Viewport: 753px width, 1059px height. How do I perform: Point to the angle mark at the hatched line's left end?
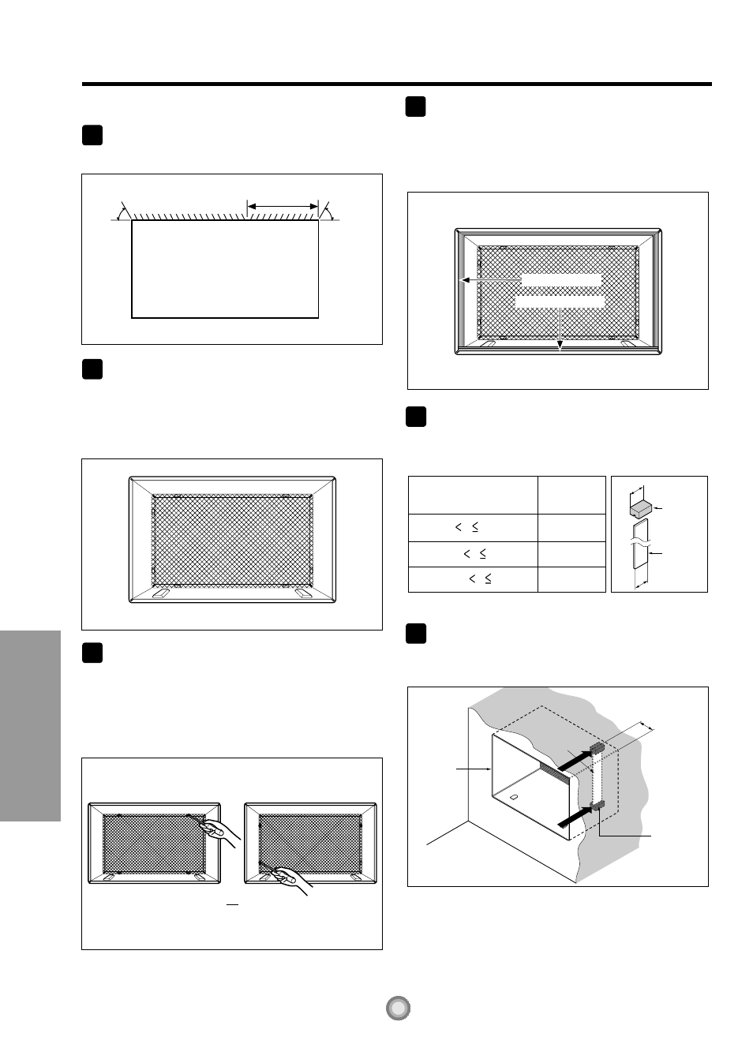(122, 211)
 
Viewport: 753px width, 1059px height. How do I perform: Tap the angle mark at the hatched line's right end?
(327, 211)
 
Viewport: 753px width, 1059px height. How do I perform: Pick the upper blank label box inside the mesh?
(561, 279)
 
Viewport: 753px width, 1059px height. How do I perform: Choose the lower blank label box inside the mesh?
(560, 301)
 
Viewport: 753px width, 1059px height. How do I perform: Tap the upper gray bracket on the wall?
(597, 747)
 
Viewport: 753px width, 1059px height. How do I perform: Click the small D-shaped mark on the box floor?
(515, 796)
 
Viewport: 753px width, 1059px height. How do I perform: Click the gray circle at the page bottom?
(399, 1008)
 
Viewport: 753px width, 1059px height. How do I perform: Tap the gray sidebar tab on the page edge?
(30, 725)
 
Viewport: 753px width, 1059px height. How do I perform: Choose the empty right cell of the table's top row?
(571, 495)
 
